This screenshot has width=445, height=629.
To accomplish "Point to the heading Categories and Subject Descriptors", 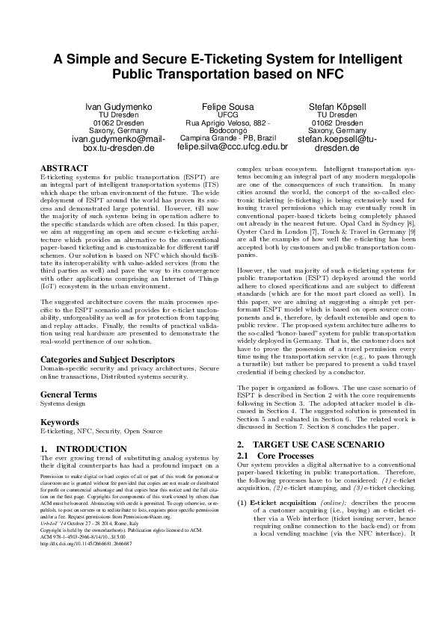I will pyautogui.click(x=102, y=359).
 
